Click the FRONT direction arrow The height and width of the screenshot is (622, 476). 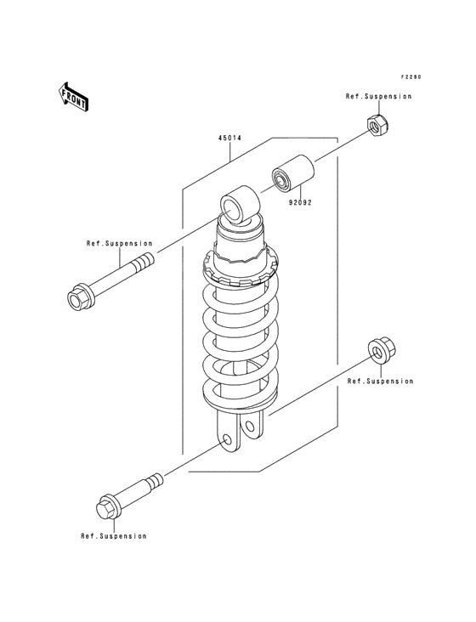point(73,97)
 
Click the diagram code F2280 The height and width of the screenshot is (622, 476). point(411,77)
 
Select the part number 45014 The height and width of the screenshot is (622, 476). point(229,138)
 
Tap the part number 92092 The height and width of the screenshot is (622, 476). point(300,203)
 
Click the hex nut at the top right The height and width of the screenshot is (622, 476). point(377,125)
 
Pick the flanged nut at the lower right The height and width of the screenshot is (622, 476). point(382,352)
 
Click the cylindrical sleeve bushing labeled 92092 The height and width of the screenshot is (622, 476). point(293,174)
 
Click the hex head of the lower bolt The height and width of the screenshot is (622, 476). point(108,506)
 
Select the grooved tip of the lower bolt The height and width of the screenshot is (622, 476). point(155,482)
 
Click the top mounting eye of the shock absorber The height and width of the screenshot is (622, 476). point(240,205)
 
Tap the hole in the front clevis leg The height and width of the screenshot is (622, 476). point(227,439)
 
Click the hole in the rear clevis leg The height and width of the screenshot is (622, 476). point(249,427)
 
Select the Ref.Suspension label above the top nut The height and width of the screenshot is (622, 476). point(378,96)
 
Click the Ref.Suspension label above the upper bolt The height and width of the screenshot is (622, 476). point(119,244)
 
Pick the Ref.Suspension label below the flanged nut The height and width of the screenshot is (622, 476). point(380,382)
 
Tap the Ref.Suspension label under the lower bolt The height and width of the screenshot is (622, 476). point(114,536)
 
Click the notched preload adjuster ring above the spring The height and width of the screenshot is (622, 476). point(241,269)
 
